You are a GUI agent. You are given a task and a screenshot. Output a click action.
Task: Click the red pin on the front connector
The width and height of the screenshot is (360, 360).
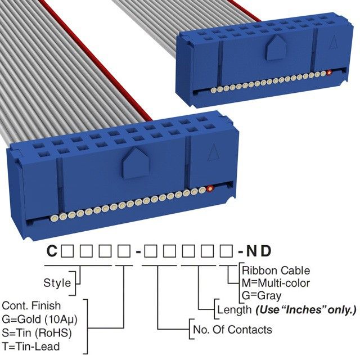pyautogui.click(x=210, y=188)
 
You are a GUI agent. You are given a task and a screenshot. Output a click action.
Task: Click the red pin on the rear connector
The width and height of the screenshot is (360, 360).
pyautogui.click(x=329, y=73)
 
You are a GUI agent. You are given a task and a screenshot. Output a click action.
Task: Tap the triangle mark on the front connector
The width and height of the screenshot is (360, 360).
pyautogui.click(x=213, y=152)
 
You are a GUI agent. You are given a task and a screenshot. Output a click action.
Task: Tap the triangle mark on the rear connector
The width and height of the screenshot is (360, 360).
pyautogui.click(x=332, y=42)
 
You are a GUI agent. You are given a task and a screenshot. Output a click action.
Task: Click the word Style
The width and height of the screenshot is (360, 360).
pyautogui.click(x=57, y=282)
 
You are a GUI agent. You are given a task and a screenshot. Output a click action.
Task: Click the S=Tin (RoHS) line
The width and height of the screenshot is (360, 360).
pyautogui.click(x=37, y=332)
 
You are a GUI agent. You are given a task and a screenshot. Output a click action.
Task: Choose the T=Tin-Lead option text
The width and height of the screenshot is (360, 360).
pyautogui.click(x=30, y=346)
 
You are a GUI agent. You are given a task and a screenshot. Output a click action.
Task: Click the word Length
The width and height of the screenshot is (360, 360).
pyautogui.click(x=234, y=309)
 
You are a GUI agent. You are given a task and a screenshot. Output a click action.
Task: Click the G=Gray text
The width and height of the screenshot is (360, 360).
pyautogui.click(x=262, y=295)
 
